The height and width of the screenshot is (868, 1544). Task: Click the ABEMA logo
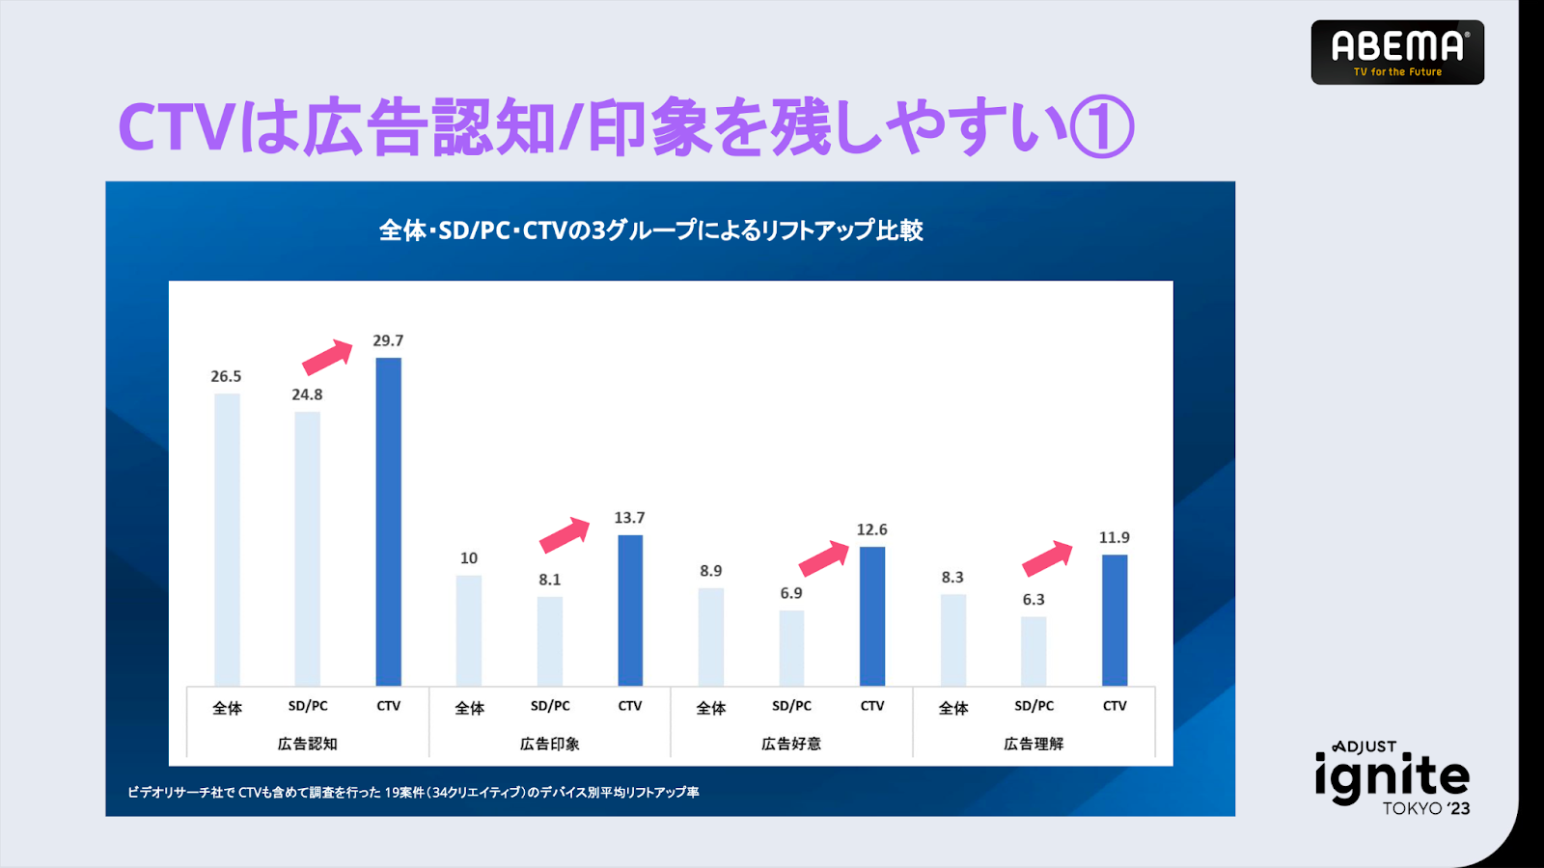(1396, 52)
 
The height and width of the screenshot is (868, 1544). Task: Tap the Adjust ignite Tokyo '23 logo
(1392, 779)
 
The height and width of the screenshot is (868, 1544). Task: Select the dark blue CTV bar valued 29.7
(388, 521)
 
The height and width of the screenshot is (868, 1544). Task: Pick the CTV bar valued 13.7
(629, 610)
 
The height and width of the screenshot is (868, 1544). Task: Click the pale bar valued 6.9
(791, 647)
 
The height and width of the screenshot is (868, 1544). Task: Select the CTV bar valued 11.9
(1114, 619)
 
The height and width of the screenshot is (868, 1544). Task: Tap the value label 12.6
(871, 529)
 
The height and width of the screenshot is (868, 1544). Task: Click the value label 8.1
(549, 580)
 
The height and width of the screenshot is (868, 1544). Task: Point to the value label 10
(469, 558)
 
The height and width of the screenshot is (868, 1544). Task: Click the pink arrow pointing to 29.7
(328, 357)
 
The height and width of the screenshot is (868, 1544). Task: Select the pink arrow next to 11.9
(1047, 557)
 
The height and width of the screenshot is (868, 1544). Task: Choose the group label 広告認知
(307, 744)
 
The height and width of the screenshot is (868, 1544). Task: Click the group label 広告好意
(790, 744)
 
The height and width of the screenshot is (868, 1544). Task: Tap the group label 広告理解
(1033, 744)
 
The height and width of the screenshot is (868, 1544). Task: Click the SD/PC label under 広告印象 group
(550, 706)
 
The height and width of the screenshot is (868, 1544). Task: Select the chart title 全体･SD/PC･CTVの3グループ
(650, 231)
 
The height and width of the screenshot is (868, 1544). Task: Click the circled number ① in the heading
(1102, 127)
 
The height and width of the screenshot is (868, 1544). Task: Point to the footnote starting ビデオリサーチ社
(413, 792)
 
